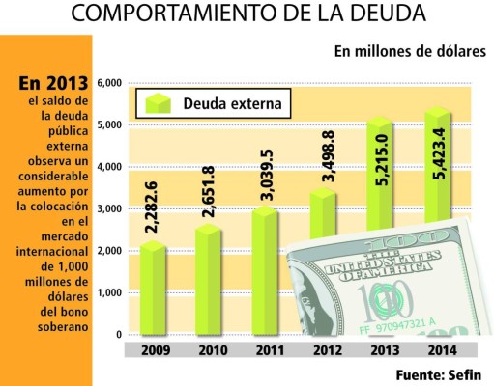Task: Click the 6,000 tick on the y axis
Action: pos(109,83)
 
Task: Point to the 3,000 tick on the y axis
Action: pos(109,208)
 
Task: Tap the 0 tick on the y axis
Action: pos(118,334)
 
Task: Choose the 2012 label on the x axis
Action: pos(326,348)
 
